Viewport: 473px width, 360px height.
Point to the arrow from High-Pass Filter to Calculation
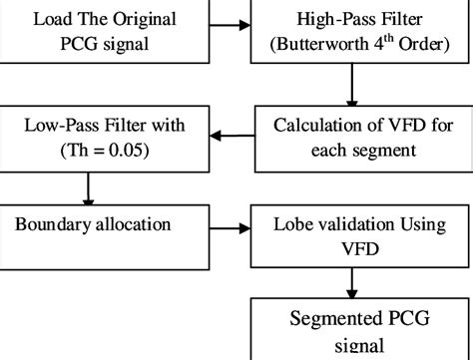(352, 84)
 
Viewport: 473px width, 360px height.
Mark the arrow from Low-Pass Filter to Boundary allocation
(90, 188)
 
